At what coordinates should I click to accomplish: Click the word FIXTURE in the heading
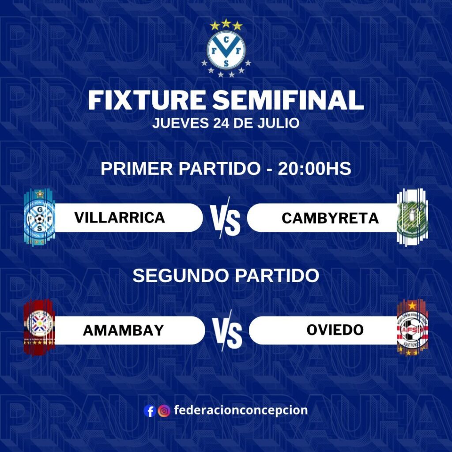pyautogui.click(x=147, y=100)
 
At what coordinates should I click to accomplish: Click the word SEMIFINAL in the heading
pyautogui.click(x=288, y=100)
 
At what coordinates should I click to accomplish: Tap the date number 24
pyautogui.click(x=222, y=123)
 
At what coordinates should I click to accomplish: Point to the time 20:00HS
pyautogui.click(x=314, y=169)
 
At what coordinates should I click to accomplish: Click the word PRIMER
pyautogui.click(x=137, y=169)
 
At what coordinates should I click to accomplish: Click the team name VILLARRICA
pyautogui.click(x=120, y=217)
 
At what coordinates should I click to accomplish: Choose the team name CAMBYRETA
pyautogui.click(x=330, y=218)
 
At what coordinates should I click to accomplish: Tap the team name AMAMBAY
pyautogui.click(x=124, y=330)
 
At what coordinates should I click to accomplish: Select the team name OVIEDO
pyautogui.click(x=335, y=330)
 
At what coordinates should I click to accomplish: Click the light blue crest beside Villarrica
pyautogui.click(x=39, y=217)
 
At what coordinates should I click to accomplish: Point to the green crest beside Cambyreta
pyautogui.click(x=412, y=218)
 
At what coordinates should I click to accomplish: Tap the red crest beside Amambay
pyautogui.click(x=39, y=328)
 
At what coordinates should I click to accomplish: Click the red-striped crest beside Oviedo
pyautogui.click(x=412, y=328)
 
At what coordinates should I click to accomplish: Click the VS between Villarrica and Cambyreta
pyautogui.click(x=225, y=218)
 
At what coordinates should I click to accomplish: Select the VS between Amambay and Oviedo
pyautogui.click(x=227, y=331)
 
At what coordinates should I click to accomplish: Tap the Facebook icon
pyautogui.click(x=150, y=411)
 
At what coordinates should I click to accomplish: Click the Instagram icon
pyautogui.click(x=164, y=411)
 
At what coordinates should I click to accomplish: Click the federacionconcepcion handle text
pyautogui.click(x=241, y=410)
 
